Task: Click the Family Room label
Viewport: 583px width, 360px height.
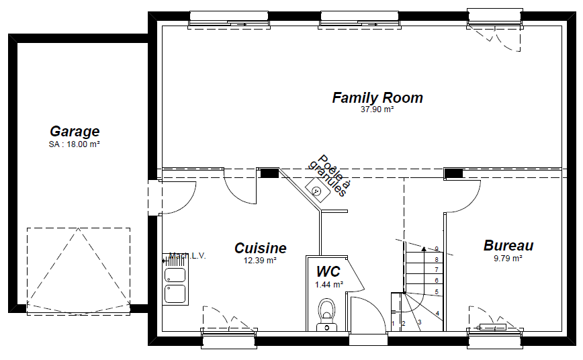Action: point(377,98)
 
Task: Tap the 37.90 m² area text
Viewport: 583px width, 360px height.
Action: point(377,109)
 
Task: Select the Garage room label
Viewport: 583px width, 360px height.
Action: point(75,132)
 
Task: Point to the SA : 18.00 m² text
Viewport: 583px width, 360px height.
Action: point(75,144)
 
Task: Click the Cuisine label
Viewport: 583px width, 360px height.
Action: point(261,249)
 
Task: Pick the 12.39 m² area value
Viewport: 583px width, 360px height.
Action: point(260,261)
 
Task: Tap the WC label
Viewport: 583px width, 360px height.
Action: point(328,272)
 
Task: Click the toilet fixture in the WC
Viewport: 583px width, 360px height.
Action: point(327,312)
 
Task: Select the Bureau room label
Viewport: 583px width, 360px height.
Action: point(508,246)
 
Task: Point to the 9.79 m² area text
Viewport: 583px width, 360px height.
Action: point(508,258)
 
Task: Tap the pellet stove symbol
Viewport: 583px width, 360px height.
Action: point(316,190)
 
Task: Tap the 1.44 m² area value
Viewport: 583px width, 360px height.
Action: point(328,285)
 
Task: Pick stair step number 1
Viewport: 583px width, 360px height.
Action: point(394,324)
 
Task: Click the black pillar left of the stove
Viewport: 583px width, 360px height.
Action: point(269,173)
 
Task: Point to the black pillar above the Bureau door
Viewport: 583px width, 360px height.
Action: point(454,174)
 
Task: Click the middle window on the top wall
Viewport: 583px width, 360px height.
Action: point(361,19)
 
